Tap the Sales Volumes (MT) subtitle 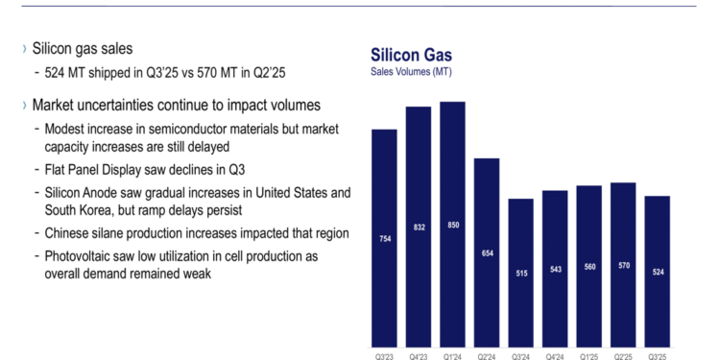(411, 72)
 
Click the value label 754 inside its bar (383, 238)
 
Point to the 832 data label (418, 227)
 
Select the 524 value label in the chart (659, 271)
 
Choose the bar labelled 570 (624, 264)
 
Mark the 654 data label (487, 252)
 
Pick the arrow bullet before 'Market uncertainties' (24, 104)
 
